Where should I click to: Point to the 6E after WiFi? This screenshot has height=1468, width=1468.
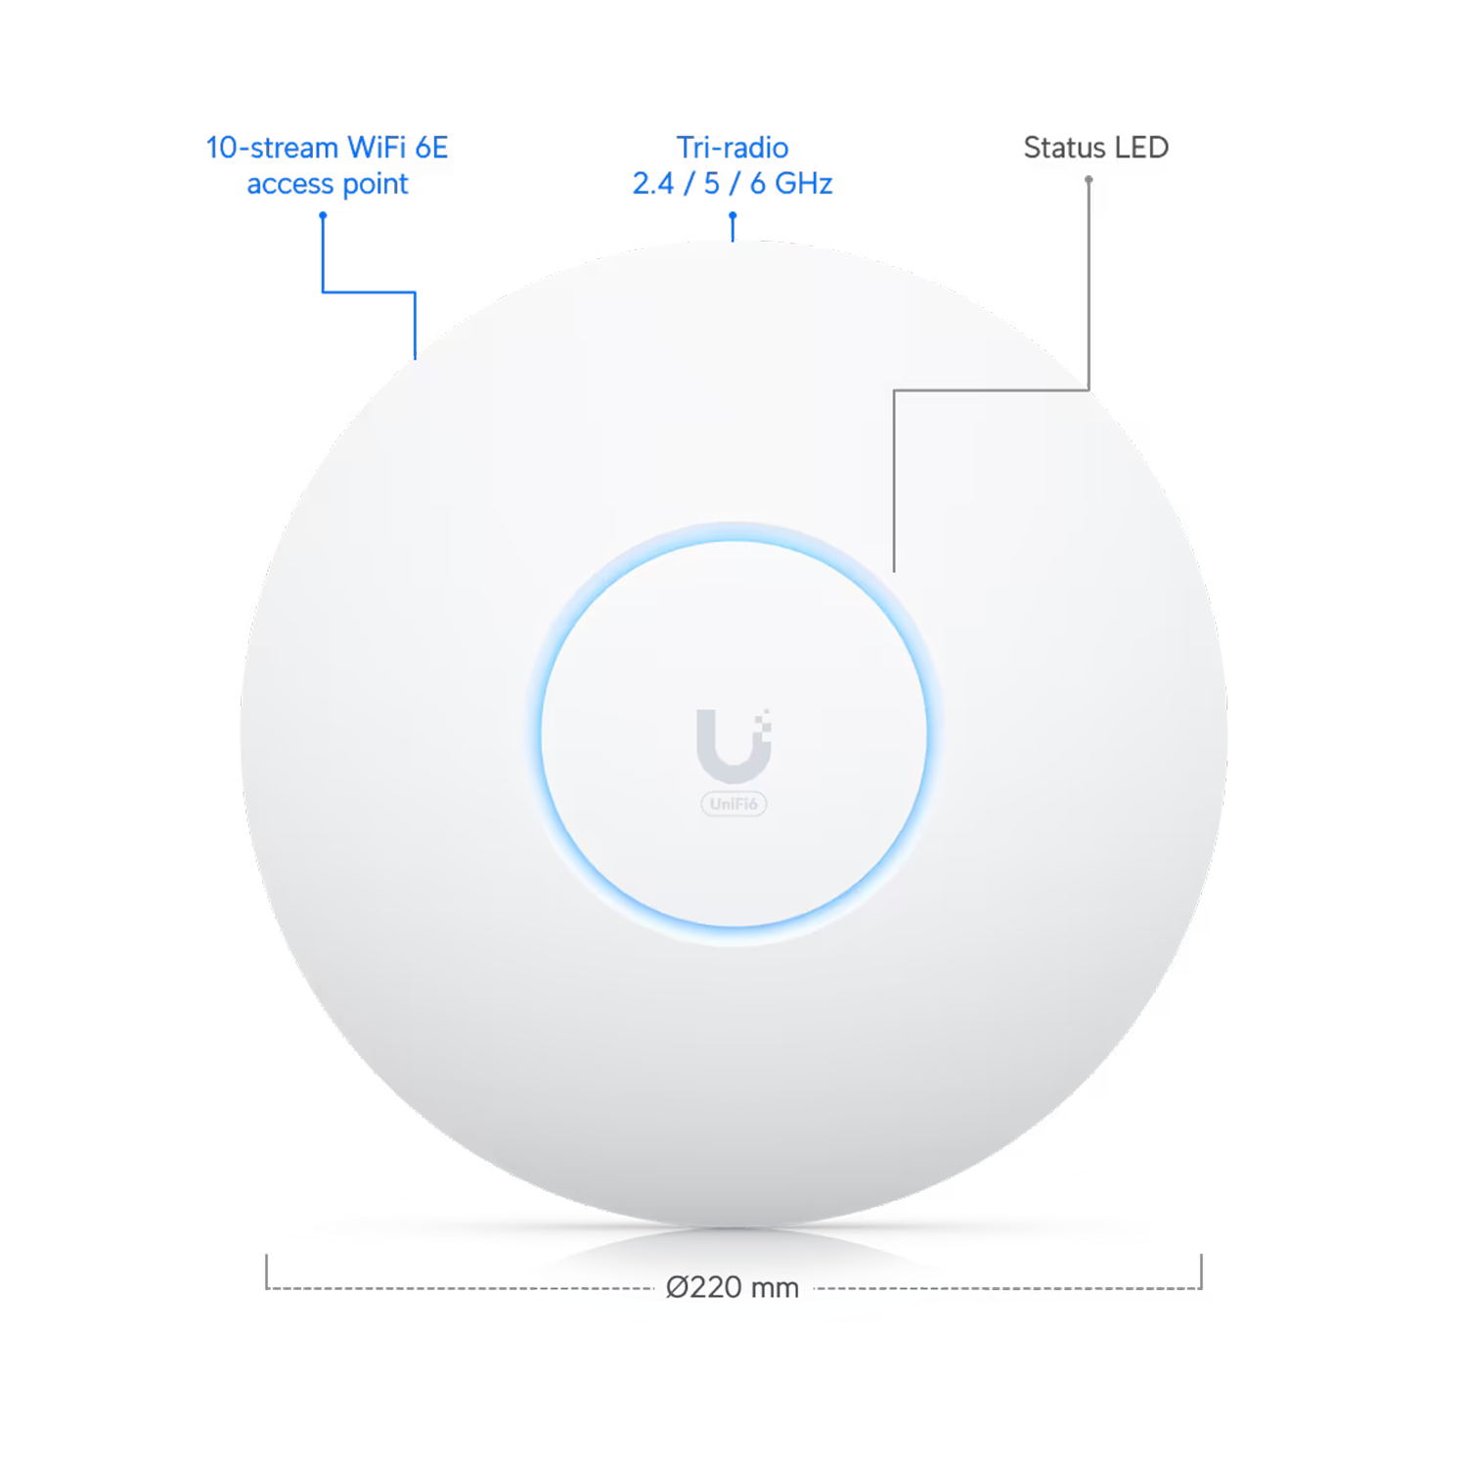[x=429, y=150]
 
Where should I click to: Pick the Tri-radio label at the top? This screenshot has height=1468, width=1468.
[x=734, y=149]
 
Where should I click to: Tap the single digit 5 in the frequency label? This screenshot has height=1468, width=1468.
[x=711, y=183]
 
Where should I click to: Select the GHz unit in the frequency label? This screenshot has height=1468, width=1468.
[x=800, y=183]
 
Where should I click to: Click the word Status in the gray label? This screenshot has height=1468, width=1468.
[x=1065, y=149]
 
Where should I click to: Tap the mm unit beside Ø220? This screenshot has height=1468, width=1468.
[x=775, y=1287]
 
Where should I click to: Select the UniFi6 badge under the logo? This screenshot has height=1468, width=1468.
[x=734, y=804]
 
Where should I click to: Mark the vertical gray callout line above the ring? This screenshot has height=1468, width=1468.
[x=894, y=479]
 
